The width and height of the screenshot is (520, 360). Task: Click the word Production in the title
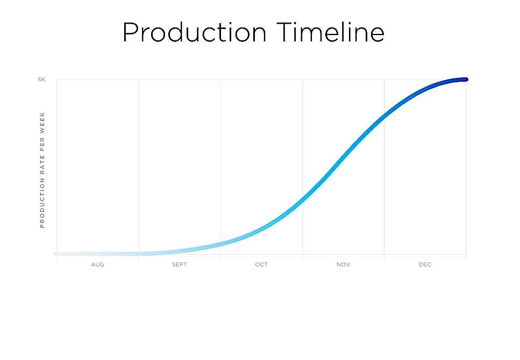click(x=195, y=32)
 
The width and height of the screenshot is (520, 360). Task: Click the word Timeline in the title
click(x=330, y=32)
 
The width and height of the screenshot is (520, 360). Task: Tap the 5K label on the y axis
click(x=41, y=80)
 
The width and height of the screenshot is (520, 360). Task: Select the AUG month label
click(x=97, y=264)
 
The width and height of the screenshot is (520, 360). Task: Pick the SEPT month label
click(x=180, y=264)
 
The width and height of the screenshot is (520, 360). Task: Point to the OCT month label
click(x=261, y=264)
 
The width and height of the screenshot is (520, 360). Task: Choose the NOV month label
click(x=343, y=264)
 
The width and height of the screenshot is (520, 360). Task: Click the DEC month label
click(x=425, y=264)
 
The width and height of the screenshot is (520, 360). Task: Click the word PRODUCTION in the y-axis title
click(x=42, y=203)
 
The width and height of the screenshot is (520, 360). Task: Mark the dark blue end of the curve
click(x=466, y=80)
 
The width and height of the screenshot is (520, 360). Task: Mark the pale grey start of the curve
click(x=56, y=254)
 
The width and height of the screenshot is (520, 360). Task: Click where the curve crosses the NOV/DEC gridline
click(x=384, y=117)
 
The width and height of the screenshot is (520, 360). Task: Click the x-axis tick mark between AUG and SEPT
click(x=139, y=257)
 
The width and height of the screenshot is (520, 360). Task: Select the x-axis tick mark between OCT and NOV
click(x=302, y=257)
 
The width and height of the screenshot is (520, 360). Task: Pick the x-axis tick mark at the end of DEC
click(x=466, y=257)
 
